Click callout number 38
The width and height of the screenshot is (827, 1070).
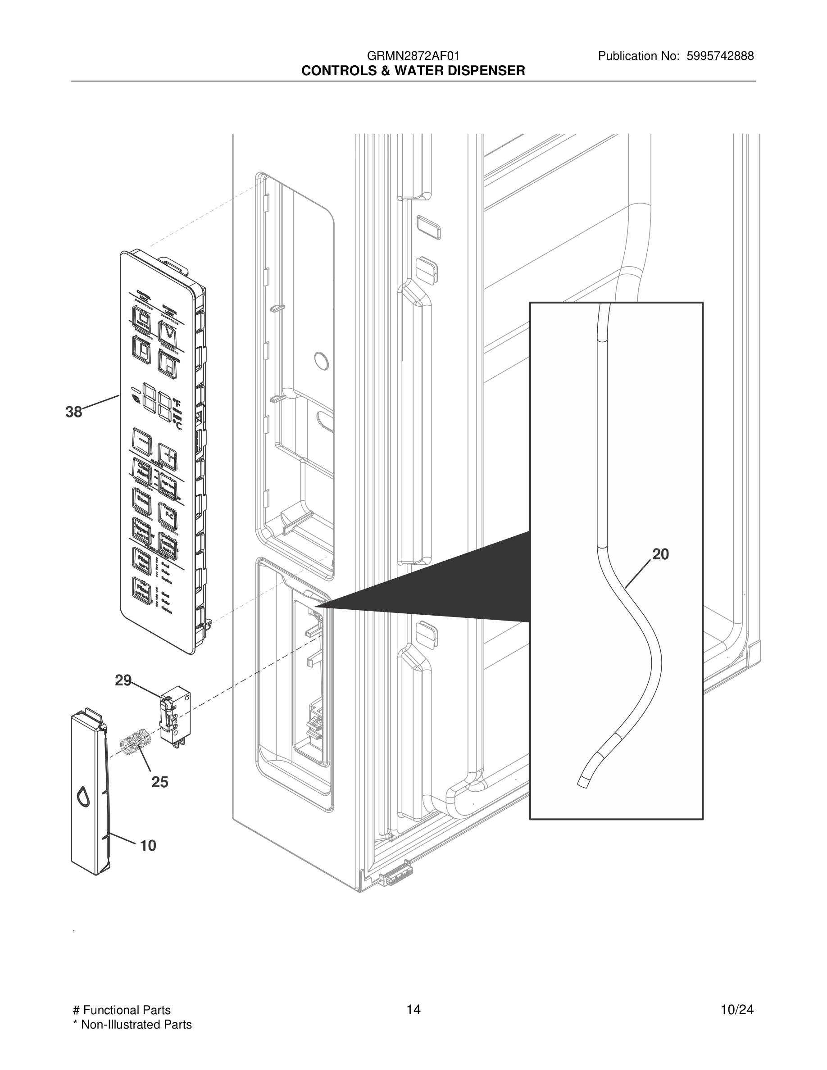(x=74, y=412)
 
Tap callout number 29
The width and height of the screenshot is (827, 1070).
(x=123, y=680)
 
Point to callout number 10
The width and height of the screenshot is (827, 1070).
(x=148, y=845)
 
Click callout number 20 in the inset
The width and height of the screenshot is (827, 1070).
(x=660, y=554)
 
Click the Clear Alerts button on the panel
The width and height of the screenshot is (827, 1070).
(x=142, y=471)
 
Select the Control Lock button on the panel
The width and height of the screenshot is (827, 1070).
(x=142, y=318)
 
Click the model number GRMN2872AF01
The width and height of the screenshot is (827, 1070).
(x=413, y=56)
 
